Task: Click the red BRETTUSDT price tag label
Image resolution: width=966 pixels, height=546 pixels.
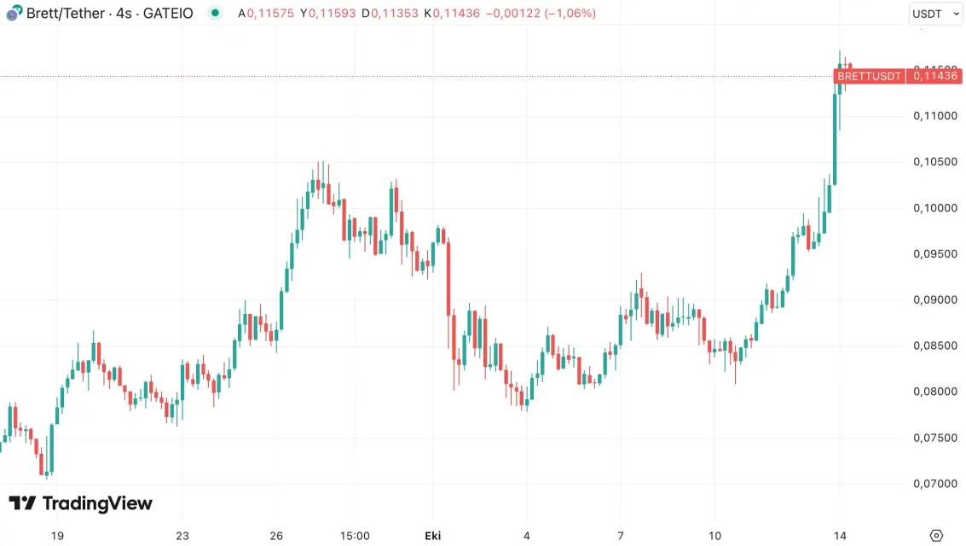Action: (x=869, y=76)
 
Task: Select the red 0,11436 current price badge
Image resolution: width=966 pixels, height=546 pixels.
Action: (x=935, y=76)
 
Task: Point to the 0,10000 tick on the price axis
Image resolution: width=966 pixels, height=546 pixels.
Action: (x=934, y=208)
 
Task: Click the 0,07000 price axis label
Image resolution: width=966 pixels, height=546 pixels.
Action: (x=934, y=484)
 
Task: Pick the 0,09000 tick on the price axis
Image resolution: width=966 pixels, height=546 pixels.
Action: (x=934, y=300)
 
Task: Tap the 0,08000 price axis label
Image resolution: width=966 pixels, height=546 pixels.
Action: (x=934, y=392)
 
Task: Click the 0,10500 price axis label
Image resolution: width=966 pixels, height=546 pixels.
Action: (x=934, y=162)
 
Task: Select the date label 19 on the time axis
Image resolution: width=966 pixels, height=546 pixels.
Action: (x=57, y=536)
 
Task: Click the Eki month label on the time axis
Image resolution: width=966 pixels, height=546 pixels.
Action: (x=432, y=536)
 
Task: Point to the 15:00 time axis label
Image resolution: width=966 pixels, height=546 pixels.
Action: (x=355, y=536)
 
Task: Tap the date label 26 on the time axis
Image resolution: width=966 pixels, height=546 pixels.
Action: (x=276, y=536)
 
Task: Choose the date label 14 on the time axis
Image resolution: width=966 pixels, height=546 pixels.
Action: (x=840, y=536)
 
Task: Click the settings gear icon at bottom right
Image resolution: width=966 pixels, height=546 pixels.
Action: (x=936, y=536)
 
